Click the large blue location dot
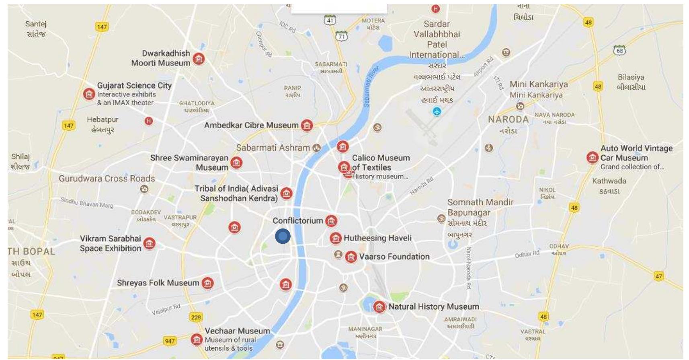[x=283, y=236]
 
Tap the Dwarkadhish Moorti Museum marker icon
[x=199, y=59]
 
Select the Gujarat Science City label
[x=134, y=86]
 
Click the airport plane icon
[x=437, y=111]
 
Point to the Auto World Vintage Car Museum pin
[x=592, y=157]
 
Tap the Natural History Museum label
[x=434, y=307]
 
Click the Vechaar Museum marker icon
[x=197, y=339]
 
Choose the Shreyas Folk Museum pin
[x=207, y=283]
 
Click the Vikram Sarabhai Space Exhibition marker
[x=150, y=243]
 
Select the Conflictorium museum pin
[x=331, y=220]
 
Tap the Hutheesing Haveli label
[x=377, y=238]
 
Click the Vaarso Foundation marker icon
[x=351, y=257]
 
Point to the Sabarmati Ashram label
[x=273, y=148]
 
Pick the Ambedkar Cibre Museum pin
[x=307, y=125]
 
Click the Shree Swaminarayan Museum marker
[x=236, y=163]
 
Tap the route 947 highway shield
[x=170, y=341]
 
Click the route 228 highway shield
[x=196, y=317]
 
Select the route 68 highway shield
[x=619, y=50]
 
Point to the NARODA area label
[x=508, y=119]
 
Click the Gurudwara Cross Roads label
[x=107, y=179]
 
